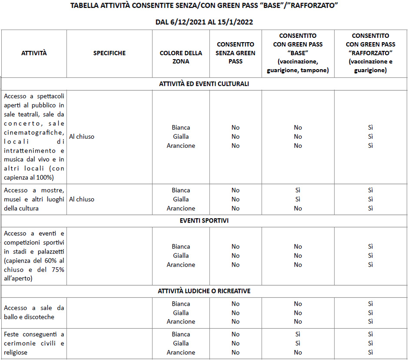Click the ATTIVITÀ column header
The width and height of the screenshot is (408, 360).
pos(34,53)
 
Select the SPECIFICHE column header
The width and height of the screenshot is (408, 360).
pos(109,53)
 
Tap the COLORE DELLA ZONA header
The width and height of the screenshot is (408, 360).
pos(181,57)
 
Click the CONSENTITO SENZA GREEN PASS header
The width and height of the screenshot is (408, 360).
pos(236,53)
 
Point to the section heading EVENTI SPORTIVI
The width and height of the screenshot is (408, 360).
pos(204,220)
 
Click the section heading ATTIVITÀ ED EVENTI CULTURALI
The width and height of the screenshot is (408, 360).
pos(204,84)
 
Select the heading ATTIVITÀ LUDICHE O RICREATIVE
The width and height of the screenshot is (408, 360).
pos(204,291)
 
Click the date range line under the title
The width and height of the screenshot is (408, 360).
pos(204,22)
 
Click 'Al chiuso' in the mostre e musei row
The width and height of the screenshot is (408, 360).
pos(82,199)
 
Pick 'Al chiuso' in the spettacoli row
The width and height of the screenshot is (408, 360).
pos(82,137)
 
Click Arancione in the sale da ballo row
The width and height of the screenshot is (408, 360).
pos(181,322)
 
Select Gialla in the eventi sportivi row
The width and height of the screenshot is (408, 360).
pos(181,256)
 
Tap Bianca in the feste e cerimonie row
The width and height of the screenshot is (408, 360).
pos(181,334)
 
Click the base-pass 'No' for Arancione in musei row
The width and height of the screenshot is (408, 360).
pos(298,208)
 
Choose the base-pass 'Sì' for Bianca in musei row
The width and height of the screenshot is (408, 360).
pos(298,190)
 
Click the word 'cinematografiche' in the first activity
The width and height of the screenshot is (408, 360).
pos(34,132)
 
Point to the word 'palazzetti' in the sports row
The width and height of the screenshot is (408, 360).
pos(50,251)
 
